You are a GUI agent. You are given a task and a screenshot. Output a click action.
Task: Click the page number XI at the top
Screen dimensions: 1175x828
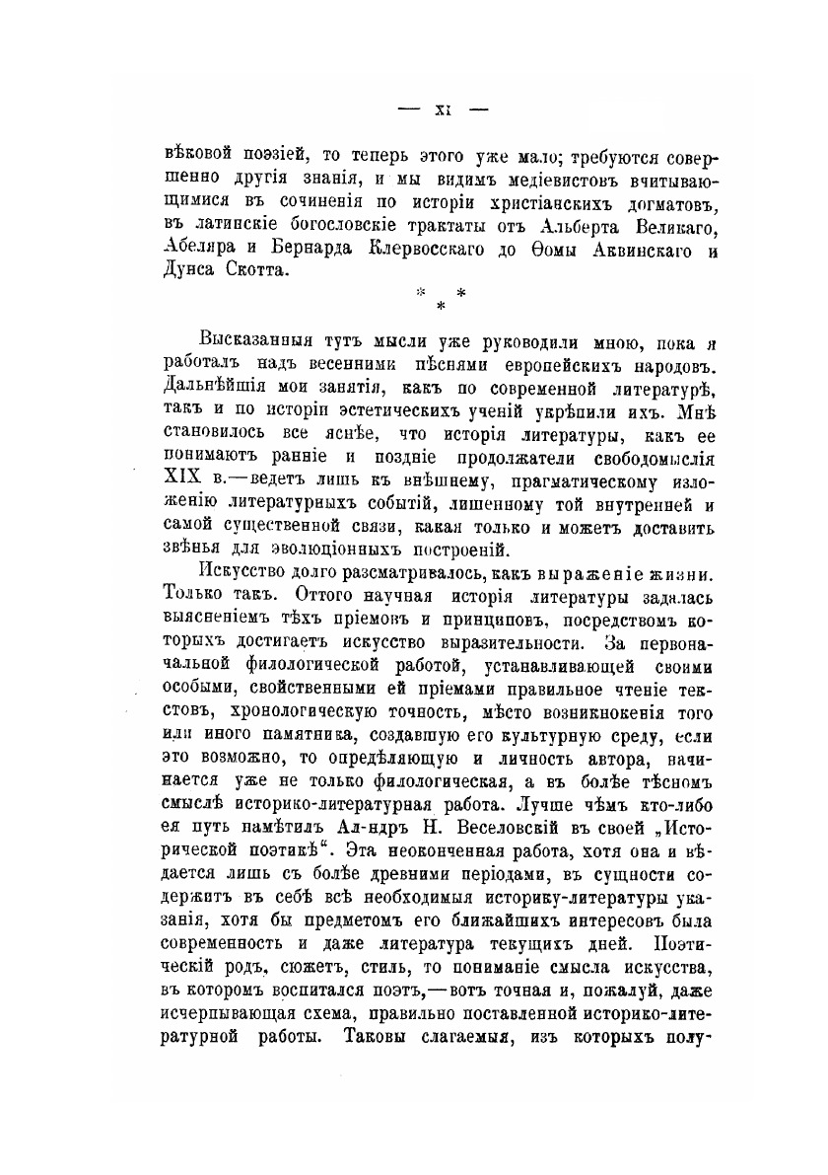pyautogui.click(x=443, y=110)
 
